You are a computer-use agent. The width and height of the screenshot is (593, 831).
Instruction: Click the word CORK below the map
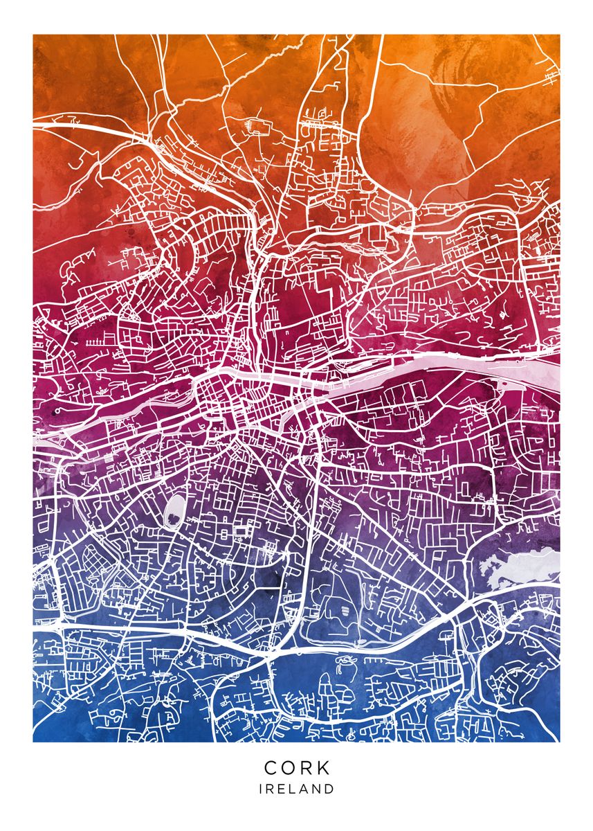(297, 768)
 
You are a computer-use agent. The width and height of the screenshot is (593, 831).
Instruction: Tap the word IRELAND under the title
(297, 789)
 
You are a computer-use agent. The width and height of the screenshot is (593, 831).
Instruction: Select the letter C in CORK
(272, 768)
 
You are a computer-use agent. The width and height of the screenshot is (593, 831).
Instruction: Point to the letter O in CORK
(289, 768)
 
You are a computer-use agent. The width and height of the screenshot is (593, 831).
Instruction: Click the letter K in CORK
(324, 768)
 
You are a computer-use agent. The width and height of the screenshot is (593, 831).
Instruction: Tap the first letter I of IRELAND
(261, 789)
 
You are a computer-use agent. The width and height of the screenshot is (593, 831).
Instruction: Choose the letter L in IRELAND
(293, 789)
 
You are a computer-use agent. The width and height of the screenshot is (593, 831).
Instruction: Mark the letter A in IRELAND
(305, 789)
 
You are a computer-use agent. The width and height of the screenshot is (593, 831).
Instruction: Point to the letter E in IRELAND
(282, 789)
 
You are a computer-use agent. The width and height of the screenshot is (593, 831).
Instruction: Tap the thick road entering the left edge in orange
(69, 127)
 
